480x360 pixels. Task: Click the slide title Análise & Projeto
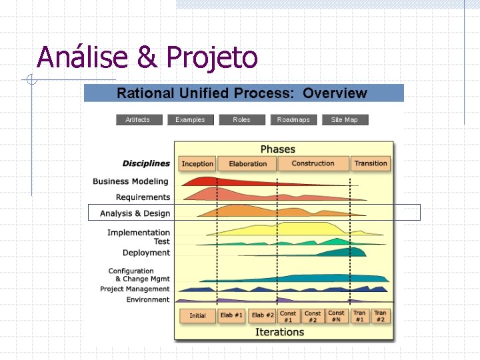147,57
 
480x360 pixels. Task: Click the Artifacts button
137,120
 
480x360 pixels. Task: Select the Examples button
190,120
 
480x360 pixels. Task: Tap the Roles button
241,120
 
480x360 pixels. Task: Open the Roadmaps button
293,120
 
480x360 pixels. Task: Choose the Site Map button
345,120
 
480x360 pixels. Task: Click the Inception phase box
197,163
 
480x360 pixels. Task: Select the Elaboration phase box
247,163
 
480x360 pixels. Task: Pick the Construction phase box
313,163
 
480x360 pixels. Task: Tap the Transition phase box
371,163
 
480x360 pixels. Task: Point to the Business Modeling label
131,181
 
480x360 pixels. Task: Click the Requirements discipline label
143,197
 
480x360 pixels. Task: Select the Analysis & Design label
135,213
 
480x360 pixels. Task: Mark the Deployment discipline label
146,253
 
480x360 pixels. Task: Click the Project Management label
135,289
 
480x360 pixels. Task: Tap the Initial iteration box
197,315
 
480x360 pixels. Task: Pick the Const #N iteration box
337,316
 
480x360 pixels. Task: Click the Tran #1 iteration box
359,316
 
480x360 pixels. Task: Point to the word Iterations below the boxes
279,332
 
